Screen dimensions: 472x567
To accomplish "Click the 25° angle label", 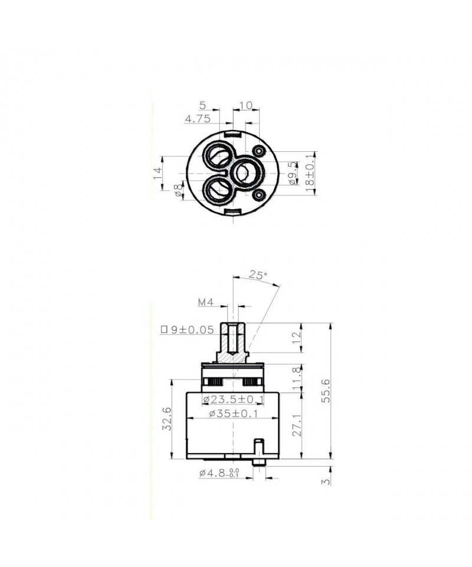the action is pyautogui.click(x=258, y=275).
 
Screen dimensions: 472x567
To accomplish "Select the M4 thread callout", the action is pyautogui.click(x=206, y=302).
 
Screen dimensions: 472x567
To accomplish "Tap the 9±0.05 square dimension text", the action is pyautogui.click(x=187, y=330).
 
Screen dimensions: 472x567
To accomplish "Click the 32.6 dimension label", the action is pyautogui.click(x=166, y=418).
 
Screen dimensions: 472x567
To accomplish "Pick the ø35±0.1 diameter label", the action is pyautogui.click(x=233, y=413).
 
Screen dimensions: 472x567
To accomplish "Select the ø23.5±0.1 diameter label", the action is pyautogui.click(x=233, y=400).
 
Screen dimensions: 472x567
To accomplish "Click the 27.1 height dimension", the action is pyautogui.click(x=296, y=425).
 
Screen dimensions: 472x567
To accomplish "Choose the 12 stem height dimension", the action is pyautogui.click(x=296, y=337).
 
